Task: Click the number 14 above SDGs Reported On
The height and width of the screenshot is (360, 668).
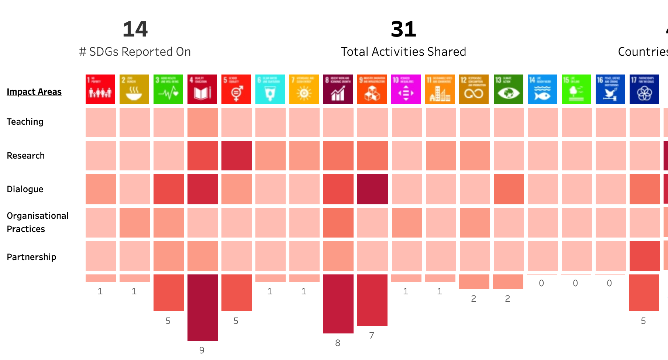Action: (135, 30)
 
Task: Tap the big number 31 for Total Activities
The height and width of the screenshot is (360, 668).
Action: (403, 30)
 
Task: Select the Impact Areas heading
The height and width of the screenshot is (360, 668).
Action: (34, 92)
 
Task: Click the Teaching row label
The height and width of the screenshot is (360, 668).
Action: (25, 122)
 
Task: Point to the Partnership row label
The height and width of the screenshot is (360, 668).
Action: (31, 257)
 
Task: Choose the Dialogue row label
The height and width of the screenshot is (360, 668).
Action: (25, 189)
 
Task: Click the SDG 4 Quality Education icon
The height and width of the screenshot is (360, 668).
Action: (202, 89)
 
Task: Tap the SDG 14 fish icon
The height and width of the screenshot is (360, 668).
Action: (542, 89)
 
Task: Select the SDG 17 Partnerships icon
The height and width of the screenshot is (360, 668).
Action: (644, 89)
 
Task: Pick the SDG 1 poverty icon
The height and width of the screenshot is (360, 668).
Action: (100, 89)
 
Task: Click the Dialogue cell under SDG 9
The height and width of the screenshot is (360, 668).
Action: (372, 189)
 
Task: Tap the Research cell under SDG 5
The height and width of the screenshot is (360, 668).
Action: (237, 156)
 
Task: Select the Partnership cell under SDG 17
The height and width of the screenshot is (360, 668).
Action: (644, 256)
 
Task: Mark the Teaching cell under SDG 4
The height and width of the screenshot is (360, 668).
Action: (202, 122)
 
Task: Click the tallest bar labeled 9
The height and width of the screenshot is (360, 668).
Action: (202, 307)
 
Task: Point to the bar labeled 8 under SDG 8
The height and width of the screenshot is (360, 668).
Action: (338, 304)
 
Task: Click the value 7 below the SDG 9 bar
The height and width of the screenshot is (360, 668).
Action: (372, 336)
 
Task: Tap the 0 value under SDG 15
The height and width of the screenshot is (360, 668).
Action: (575, 283)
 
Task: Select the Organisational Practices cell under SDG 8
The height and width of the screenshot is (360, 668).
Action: (338, 223)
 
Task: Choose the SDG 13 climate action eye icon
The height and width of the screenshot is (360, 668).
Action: (508, 89)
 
